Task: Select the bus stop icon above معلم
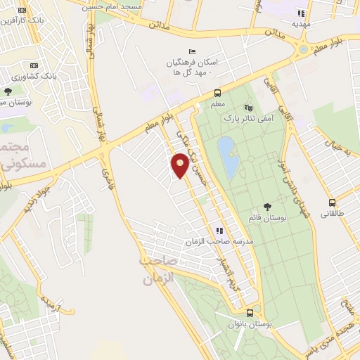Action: click(x=218, y=94)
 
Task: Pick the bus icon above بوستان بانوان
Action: click(x=250, y=313)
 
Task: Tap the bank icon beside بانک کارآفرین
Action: click(x=22, y=11)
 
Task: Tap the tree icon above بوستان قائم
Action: click(x=266, y=206)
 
